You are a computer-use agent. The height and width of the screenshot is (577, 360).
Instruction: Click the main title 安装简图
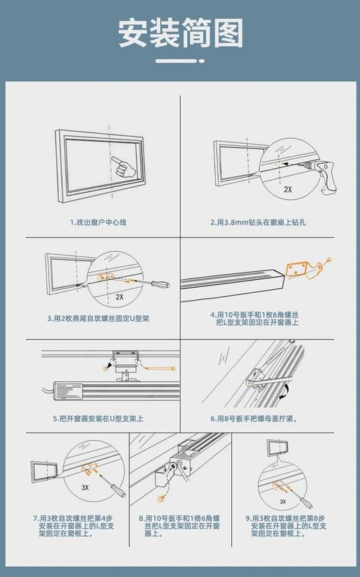tap(180, 34)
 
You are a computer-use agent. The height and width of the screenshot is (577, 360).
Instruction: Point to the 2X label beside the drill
tap(287, 190)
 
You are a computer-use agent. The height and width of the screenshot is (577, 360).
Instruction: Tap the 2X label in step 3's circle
tap(120, 296)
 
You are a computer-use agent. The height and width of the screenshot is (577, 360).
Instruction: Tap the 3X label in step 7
tap(85, 487)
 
